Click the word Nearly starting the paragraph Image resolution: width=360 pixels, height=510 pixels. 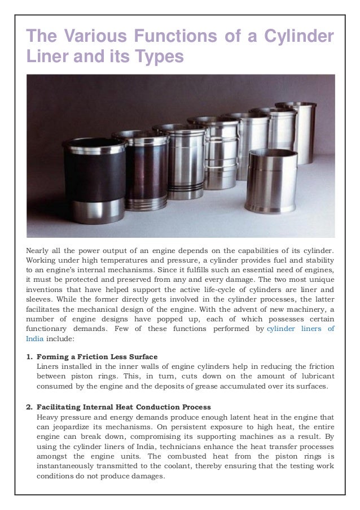click(x=40, y=250)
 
